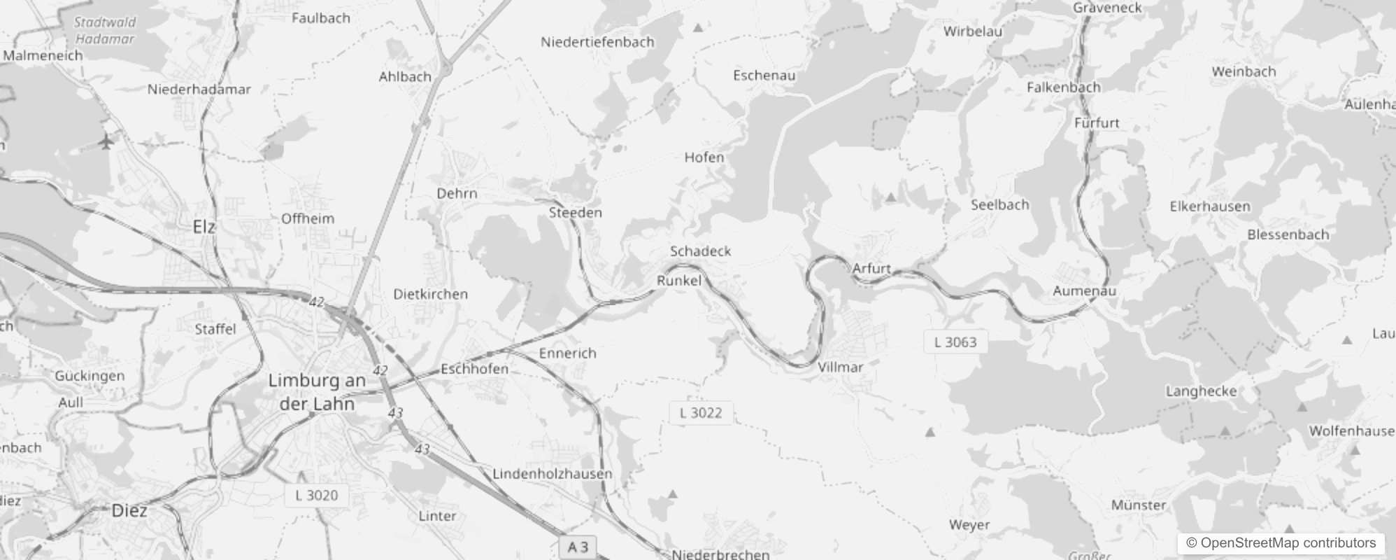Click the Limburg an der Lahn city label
tap(317, 392)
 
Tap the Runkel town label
tap(678, 281)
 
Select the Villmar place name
tap(840, 367)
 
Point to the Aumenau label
tap(1084, 290)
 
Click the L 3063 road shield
tap(955, 342)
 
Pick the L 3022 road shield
tap(700, 413)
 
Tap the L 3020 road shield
tap(316, 496)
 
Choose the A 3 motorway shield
tap(578, 547)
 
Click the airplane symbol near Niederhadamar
tap(106, 143)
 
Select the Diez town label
tap(129, 510)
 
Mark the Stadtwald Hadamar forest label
tap(105, 31)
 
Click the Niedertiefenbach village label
tap(597, 42)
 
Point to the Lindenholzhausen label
tap(552, 474)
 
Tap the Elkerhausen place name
tap(1209, 206)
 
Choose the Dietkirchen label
tap(430, 294)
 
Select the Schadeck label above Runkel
tap(700, 251)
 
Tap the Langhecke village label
tap(1201, 391)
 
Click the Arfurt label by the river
tap(871, 268)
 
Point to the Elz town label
tap(204, 227)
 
